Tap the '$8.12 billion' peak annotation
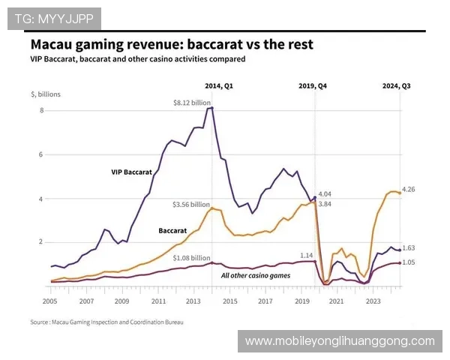click(191, 102)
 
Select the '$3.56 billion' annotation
click(191, 204)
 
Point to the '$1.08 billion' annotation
click(191, 257)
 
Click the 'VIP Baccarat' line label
click(131, 172)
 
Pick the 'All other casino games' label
click(255, 275)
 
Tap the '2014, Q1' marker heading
click(219, 85)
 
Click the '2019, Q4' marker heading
click(312, 85)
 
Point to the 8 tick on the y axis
click(42, 110)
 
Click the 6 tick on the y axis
click(42, 154)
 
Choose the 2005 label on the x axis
click(50, 301)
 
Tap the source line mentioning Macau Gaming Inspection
click(106, 322)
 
